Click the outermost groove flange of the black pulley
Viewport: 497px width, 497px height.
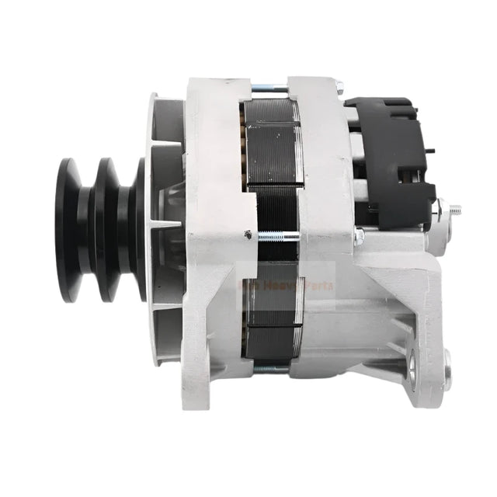[69, 231]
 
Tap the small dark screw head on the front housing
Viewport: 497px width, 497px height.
[248, 235]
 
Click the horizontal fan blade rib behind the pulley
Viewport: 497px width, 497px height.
[165, 224]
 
